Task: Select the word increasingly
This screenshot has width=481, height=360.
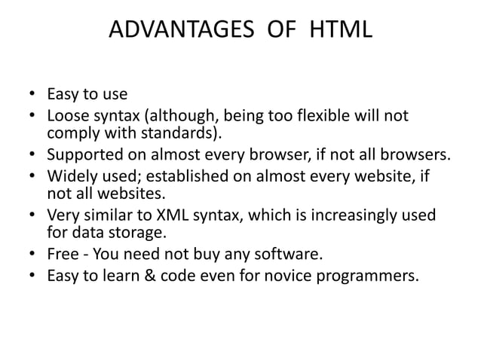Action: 351,216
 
